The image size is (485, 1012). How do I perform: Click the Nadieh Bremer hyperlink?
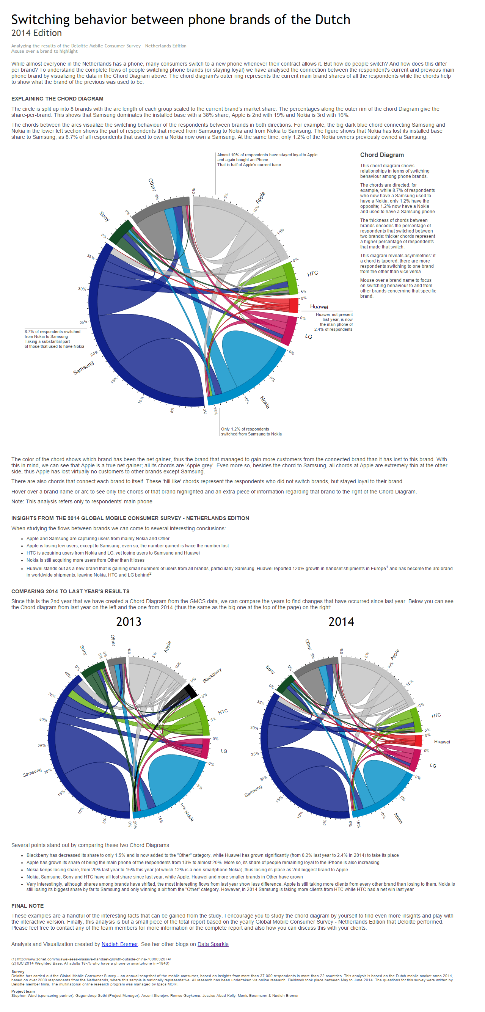120,944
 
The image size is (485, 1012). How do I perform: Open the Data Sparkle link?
213,944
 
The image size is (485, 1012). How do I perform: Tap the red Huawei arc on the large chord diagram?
294,305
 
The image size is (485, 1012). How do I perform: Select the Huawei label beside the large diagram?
319,307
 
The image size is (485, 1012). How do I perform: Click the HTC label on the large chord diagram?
312,273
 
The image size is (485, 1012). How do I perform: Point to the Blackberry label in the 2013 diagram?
212,675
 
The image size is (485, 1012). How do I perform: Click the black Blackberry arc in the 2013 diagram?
191,690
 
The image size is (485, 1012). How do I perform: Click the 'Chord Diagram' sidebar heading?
382,155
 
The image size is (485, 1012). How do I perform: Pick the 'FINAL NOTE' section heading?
27,906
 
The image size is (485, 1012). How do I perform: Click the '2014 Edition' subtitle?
36,33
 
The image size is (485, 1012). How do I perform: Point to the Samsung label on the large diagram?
84,368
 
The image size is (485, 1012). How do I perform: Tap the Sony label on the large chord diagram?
104,216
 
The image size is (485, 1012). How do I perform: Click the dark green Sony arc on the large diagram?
121,231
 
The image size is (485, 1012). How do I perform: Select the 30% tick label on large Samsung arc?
82,289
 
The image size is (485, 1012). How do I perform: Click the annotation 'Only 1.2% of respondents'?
245,429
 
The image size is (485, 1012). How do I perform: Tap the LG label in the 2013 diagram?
224,751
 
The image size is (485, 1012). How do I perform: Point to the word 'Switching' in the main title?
41,20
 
